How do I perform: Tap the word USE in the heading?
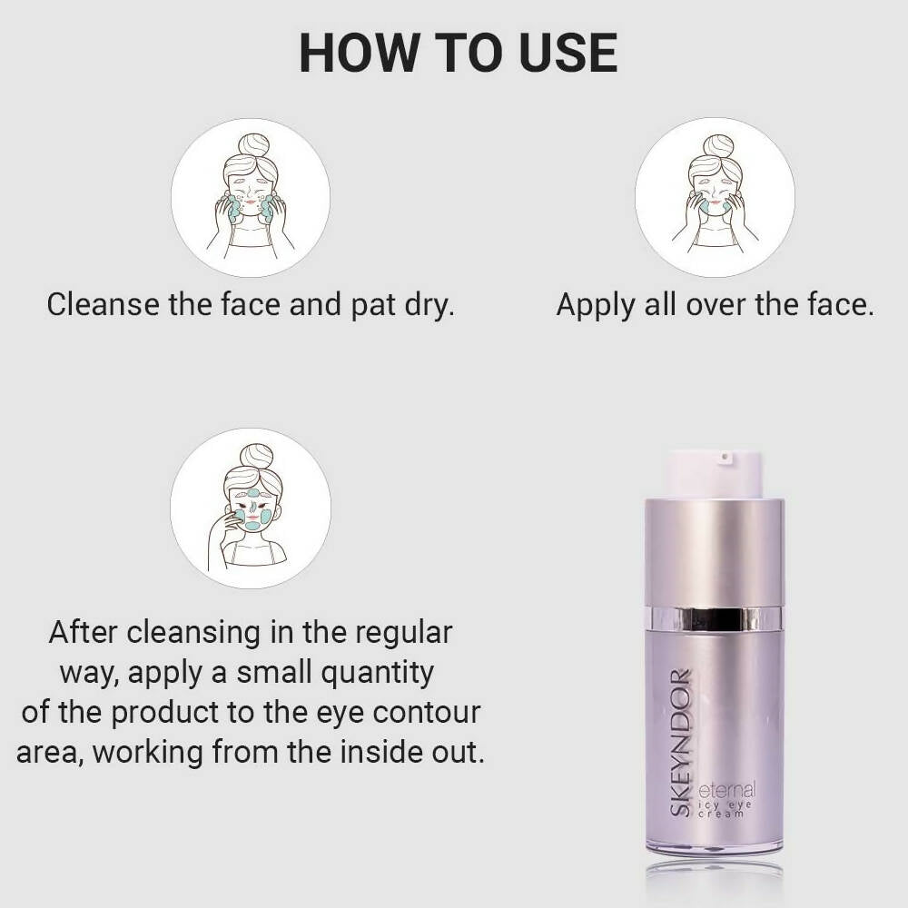tap(568, 53)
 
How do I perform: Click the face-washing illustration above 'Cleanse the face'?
tap(251, 197)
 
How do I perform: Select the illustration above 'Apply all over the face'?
tap(715, 197)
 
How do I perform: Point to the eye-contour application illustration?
tap(251, 508)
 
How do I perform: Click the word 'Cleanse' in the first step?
tap(103, 304)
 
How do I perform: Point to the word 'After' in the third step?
tap(84, 632)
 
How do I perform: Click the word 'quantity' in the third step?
tap(378, 674)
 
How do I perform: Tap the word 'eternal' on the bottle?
tap(727, 790)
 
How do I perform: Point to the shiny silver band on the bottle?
tap(715, 617)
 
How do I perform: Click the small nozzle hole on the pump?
tap(724, 458)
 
